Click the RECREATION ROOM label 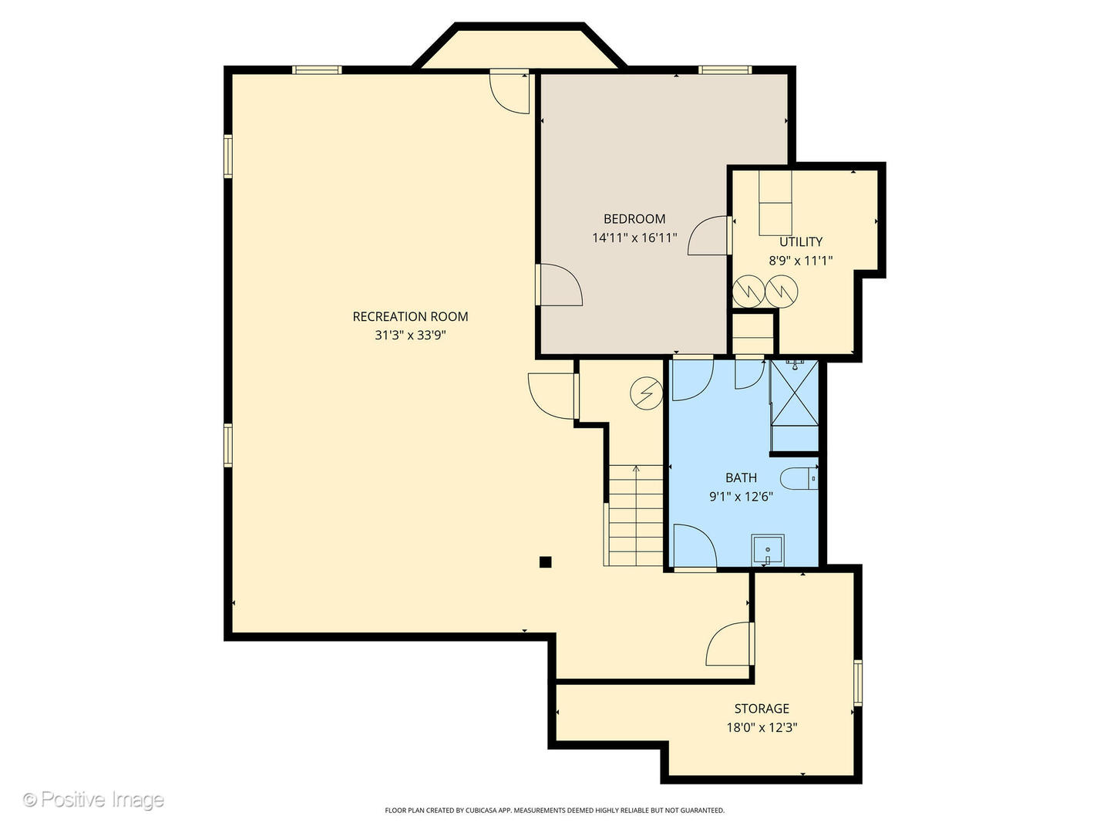click(410, 316)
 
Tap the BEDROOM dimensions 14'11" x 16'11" click(634, 238)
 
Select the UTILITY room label click(801, 241)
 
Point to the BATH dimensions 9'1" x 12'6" click(742, 497)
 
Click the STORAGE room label click(762, 708)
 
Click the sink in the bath click(768, 550)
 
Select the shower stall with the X click(794, 393)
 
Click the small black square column click(545, 562)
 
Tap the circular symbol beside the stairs click(646, 393)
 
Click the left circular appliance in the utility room click(748, 292)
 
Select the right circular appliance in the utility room click(782, 292)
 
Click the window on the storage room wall click(858, 683)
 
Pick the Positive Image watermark click(93, 800)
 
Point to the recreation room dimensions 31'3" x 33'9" click(410, 336)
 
